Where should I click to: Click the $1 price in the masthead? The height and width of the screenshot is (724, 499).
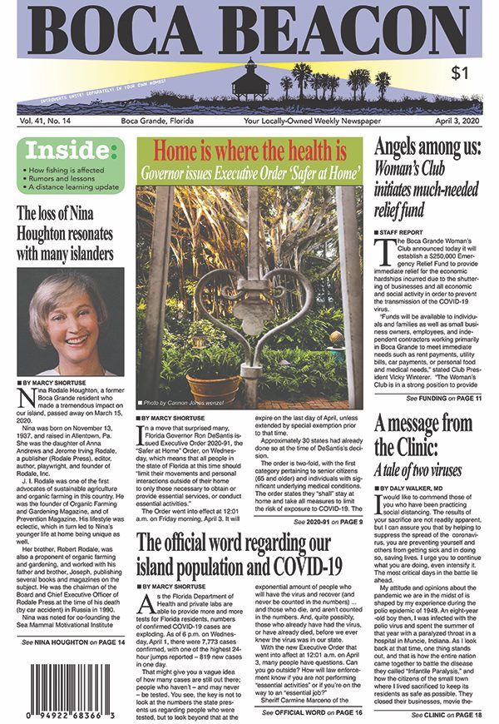[x=459, y=73]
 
